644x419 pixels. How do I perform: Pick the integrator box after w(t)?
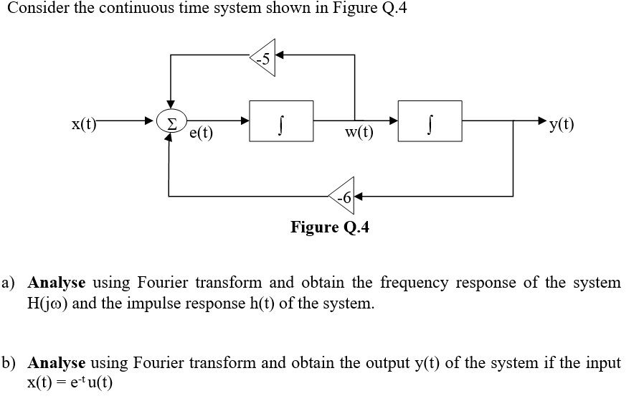coord(430,120)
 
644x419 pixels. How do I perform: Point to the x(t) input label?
coord(83,122)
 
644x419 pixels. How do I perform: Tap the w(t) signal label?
coord(359,132)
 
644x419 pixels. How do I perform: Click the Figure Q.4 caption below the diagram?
coord(330,227)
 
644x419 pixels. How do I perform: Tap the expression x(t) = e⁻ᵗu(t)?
coord(70,383)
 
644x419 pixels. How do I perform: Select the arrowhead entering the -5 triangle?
coord(280,55)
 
